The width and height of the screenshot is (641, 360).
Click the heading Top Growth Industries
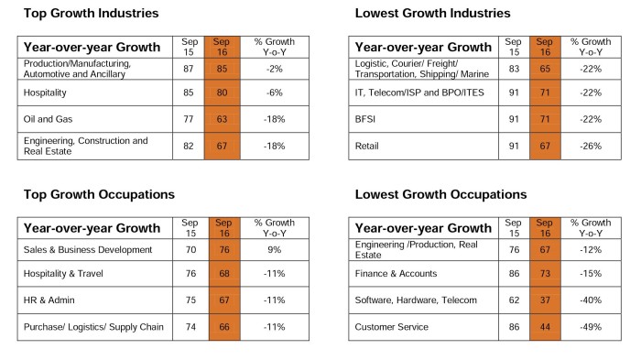tap(92, 13)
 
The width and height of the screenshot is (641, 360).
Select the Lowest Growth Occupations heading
tap(440, 194)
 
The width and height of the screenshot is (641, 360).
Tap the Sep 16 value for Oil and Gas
tap(222, 119)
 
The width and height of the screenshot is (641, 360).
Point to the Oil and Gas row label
tap(48, 119)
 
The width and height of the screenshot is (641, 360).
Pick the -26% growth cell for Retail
tap(591, 146)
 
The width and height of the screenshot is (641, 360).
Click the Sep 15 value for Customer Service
tap(514, 327)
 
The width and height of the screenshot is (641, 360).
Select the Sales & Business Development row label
tap(88, 250)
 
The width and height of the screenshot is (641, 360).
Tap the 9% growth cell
tap(275, 250)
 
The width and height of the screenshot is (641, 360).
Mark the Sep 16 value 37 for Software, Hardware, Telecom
tap(545, 300)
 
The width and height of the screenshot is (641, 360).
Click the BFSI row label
tap(365, 119)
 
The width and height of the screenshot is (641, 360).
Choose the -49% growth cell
tap(591, 327)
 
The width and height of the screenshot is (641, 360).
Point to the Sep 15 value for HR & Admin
tap(190, 300)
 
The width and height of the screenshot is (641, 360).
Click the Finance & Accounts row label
tap(396, 274)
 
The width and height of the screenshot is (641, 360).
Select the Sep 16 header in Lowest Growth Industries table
tap(545, 47)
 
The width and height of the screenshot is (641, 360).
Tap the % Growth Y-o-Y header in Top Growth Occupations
tap(275, 228)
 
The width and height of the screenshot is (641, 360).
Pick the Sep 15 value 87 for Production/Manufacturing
tap(189, 69)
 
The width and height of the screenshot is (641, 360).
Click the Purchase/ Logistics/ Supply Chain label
tap(93, 327)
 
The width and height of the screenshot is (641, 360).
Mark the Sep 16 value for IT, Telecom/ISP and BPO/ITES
tap(545, 93)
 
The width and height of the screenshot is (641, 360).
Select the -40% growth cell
tap(591, 300)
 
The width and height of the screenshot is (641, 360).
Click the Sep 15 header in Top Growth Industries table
tap(190, 47)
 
